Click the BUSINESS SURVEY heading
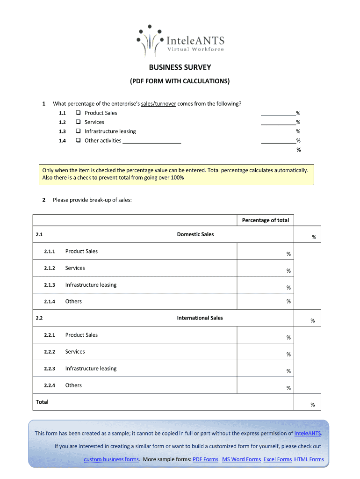(x=180, y=68)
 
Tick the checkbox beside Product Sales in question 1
(x=78, y=113)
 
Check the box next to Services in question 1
(x=78, y=123)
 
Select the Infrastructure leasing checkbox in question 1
(x=78, y=131)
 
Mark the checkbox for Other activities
(x=78, y=141)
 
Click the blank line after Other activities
(x=151, y=141)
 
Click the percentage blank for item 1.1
(x=278, y=113)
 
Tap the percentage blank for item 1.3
(x=278, y=131)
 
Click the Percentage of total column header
(x=265, y=220)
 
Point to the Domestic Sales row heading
(x=195, y=234)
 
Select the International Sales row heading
(x=200, y=318)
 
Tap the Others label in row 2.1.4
(x=73, y=302)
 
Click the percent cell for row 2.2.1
(x=265, y=336)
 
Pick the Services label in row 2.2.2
(x=75, y=352)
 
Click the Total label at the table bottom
(x=42, y=402)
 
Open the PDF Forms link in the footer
(x=205, y=459)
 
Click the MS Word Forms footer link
(x=241, y=459)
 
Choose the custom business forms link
(x=111, y=459)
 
